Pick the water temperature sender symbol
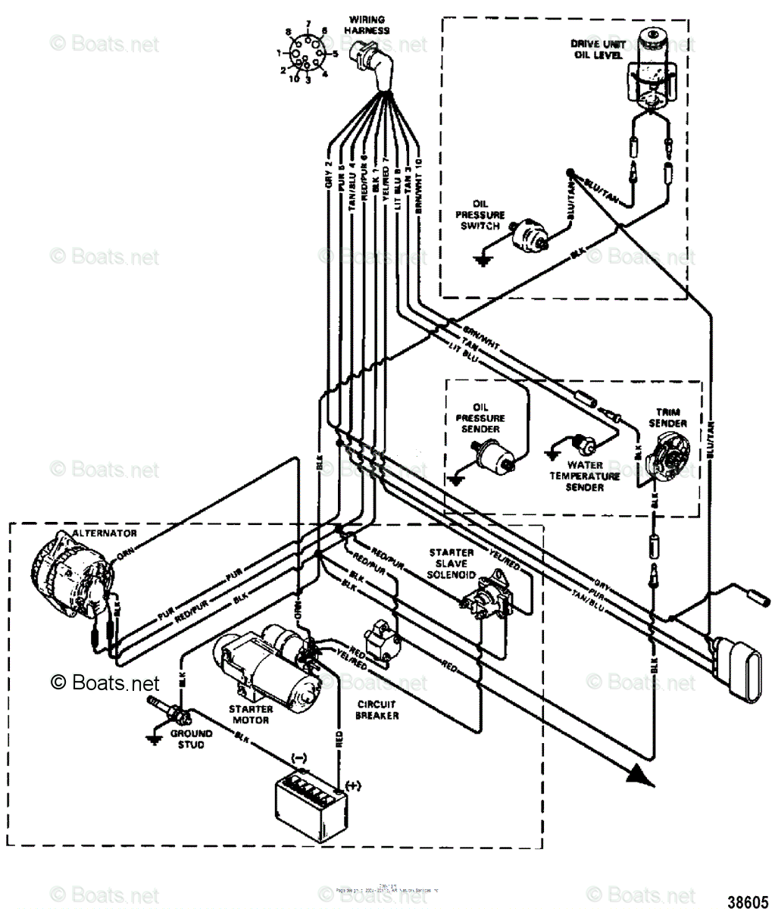click(x=583, y=442)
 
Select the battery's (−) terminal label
click(x=298, y=757)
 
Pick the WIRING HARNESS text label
click(x=367, y=25)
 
